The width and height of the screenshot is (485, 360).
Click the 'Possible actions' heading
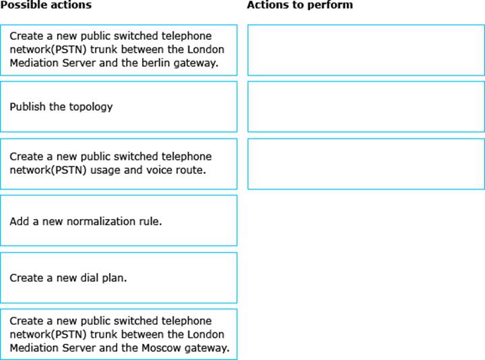[x=46, y=5]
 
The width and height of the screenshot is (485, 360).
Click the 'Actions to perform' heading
[x=300, y=5]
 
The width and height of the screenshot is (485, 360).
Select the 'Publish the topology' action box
[x=119, y=107]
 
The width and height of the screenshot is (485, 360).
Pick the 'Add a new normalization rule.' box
[x=119, y=220]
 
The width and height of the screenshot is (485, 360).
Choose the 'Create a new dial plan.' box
[x=119, y=278]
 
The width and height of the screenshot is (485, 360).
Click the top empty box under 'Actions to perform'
[x=366, y=50]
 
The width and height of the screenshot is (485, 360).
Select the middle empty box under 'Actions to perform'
[x=366, y=107]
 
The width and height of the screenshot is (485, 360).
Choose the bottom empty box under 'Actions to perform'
[x=366, y=164]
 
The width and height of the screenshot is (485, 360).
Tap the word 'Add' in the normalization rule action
[x=19, y=221]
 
